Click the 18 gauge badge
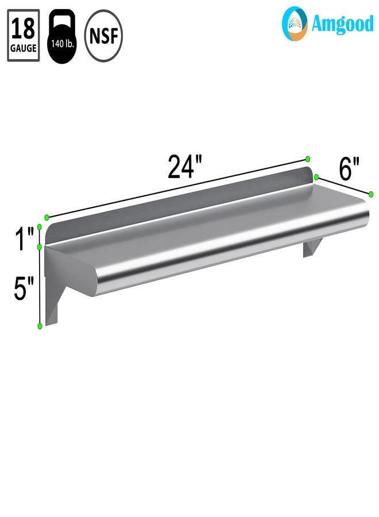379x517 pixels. [x=24, y=35]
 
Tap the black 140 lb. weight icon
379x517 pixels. [x=61, y=36]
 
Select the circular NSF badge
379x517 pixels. [x=103, y=36]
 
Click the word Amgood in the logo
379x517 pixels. [x=342, y=24]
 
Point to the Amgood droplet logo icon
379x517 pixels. [x=295, y=24]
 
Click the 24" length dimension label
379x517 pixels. [x=184, y=167]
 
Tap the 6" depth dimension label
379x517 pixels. [x=349, y=169]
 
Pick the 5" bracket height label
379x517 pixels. [x=24, y=288]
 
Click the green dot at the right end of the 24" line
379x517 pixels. [x=308, y=159]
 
